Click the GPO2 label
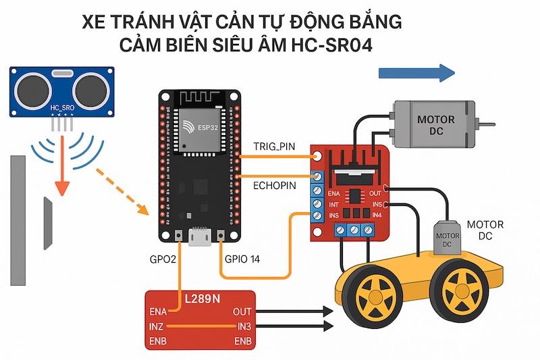point(165,259)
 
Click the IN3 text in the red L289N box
point(244,327)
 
